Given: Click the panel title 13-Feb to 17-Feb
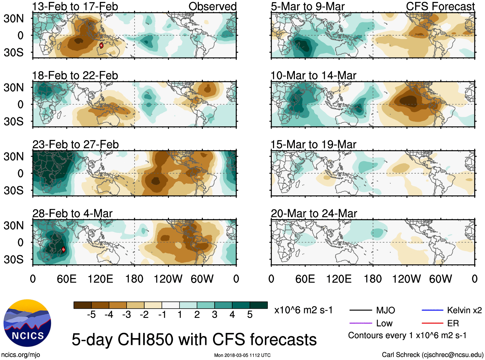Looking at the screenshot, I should (75, 6).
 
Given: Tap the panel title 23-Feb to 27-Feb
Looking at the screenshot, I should (75, 145).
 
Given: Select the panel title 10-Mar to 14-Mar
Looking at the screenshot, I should (313, 76).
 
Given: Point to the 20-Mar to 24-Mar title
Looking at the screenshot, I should (314, 214).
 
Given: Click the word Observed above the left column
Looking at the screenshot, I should (212, 6).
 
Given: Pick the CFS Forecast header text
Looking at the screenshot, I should (440, 6).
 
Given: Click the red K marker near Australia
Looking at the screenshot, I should (101, 45).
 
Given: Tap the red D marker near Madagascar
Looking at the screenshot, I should (63, 249).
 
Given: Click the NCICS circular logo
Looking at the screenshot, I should (27, 323).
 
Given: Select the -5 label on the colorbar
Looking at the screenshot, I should (91, 315).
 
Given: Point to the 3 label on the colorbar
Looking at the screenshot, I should (215, 315).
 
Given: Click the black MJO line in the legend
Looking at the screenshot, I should (360, 310).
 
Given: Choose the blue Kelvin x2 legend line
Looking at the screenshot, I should (432, 310).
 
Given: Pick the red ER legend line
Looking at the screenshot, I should (432, 323).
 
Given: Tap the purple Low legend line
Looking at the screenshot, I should (360, 323).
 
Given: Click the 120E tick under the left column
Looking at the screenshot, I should (100, 279).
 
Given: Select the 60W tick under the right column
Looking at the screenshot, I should (440, 279).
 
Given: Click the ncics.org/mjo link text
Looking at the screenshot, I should (21, 355).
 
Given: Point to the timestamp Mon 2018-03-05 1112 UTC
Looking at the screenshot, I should (242, 355).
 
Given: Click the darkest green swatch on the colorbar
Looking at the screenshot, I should (259, 305).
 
